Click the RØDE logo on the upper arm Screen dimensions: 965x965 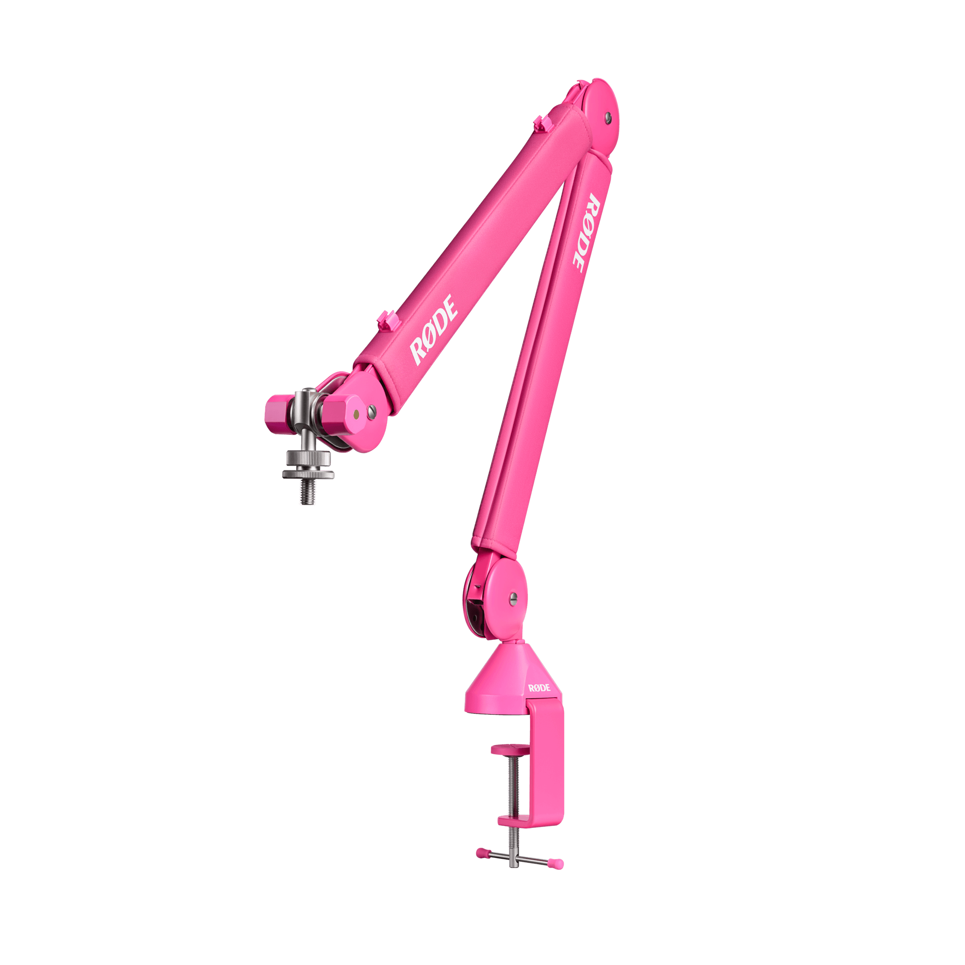click(x=433, y=330)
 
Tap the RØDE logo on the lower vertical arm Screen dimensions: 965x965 click(x=585, y=233)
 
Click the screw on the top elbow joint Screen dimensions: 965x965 click(x=607, y=117)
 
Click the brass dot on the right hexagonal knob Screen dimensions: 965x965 click(x=356, y=414)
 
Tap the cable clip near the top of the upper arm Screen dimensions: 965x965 click(x=541, y=123)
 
